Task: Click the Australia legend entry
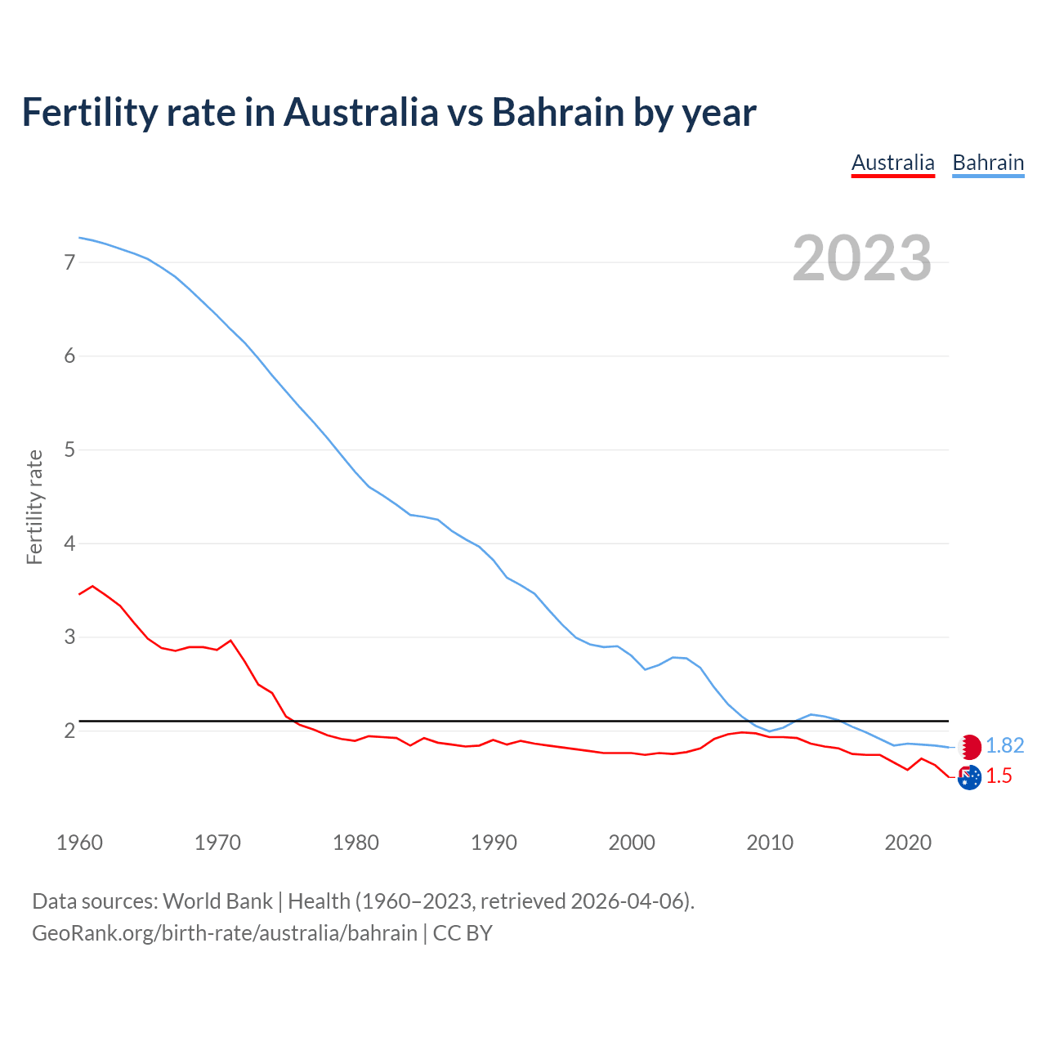(x=892, y=163)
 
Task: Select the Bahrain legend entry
(x=988, y=163)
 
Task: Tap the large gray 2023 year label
(x=861, y=258)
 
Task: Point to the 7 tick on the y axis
(x=69, y=262)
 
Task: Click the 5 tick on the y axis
(x=69, y=449)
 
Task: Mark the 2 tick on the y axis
(x=69, y=731)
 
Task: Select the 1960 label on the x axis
(x=79, y=843)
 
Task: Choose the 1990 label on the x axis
(x=494, y=843)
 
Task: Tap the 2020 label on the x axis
(x=908, y=843)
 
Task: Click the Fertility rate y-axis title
(x=34, y=507)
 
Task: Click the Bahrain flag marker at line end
(x=970, y=746)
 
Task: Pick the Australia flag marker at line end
(x=969, y=777)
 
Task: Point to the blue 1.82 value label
(x=1004, y=746)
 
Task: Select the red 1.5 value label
(x=999, y=776)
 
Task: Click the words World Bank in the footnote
(x=217, y=901)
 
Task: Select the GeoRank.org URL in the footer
(x=225, y=933)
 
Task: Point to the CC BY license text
(x=463, y=933)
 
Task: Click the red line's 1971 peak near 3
(x=230, y=641)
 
